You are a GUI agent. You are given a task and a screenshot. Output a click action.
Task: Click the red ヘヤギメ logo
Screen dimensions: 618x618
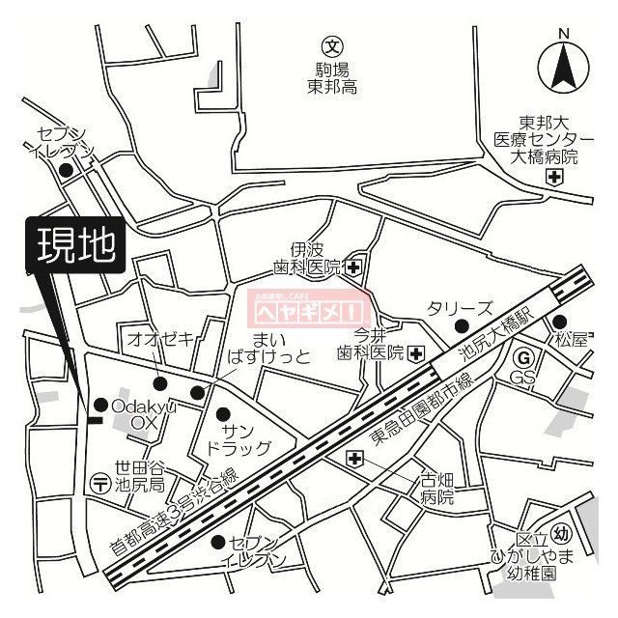(310, 309)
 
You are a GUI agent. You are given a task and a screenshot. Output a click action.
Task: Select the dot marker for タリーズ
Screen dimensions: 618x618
(461, 325)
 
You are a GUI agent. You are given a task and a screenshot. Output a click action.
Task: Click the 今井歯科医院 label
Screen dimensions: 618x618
(368, 345)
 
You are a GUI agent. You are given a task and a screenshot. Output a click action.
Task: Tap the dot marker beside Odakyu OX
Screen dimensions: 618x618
(99, 404)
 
